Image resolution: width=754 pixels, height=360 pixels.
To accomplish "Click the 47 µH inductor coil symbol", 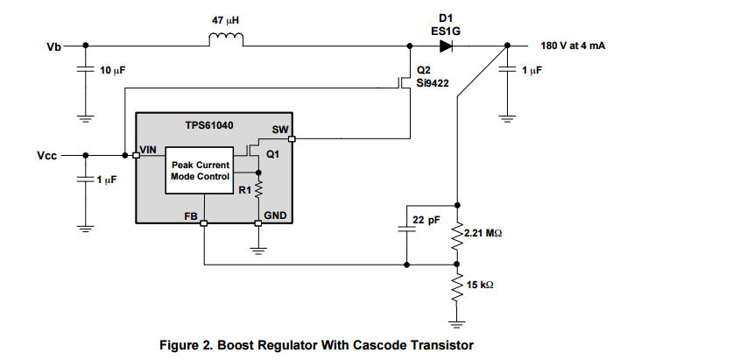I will (226, 39).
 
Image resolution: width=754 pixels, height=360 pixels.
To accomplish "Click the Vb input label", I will (54, 46).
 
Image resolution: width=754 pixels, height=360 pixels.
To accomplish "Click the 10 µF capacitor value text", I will (112, 68).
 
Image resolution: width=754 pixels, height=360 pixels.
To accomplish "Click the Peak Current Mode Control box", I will (201, 170).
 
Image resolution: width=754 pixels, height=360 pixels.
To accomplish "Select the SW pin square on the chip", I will (292, 138).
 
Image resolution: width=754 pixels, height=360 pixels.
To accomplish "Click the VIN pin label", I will (149, 150).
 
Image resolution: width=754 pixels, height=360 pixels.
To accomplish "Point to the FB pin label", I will (190, 214).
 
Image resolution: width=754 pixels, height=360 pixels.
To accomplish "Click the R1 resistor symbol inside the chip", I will (258, 188).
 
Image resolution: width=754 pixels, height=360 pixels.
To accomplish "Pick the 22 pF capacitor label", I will (427, 221).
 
